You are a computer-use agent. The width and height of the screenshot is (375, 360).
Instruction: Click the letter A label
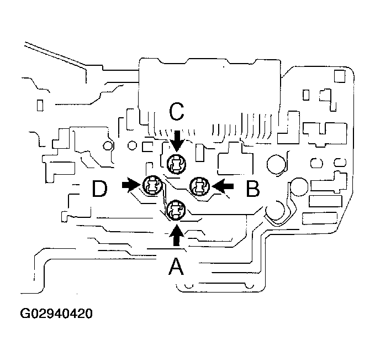point(176,268)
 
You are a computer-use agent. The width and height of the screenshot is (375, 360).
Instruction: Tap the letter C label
point(176,112)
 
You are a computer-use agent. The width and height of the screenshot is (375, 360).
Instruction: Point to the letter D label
point(99,189)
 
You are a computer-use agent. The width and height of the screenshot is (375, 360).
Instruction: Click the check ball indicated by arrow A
point(176,209)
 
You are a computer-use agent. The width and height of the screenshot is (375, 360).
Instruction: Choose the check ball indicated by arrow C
point(176,163)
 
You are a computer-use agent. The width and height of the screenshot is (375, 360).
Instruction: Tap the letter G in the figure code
point(25,315)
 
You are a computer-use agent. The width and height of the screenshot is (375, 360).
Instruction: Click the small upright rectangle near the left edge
point(39,105)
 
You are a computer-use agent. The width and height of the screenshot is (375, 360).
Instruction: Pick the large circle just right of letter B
point(276,163)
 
